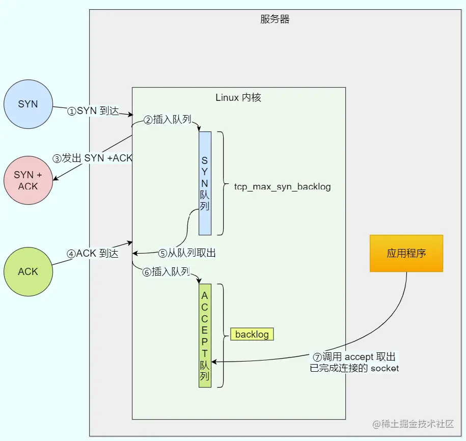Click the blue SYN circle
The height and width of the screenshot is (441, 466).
28,104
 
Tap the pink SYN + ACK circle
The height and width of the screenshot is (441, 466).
28,180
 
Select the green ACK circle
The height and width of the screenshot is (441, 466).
28,271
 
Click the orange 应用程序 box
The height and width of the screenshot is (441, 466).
406,253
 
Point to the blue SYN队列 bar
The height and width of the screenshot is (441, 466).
205,183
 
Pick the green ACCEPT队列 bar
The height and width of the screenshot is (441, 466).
205,336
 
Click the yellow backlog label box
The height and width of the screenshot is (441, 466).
252,335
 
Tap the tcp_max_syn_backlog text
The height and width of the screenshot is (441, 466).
282,186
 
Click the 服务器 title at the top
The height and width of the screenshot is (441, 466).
275,19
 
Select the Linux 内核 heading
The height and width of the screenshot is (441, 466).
238,97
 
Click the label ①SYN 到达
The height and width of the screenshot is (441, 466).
93,111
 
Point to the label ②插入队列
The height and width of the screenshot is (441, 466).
168,120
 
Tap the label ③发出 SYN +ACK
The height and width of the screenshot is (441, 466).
92,158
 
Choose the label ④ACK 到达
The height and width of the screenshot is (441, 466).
93,254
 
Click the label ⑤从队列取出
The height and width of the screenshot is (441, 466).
187,253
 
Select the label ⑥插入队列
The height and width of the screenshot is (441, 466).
166,271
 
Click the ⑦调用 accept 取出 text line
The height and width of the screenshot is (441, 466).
354,356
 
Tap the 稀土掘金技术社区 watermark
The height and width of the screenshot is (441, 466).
413,424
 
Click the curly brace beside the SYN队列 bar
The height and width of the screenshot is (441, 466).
223,183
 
